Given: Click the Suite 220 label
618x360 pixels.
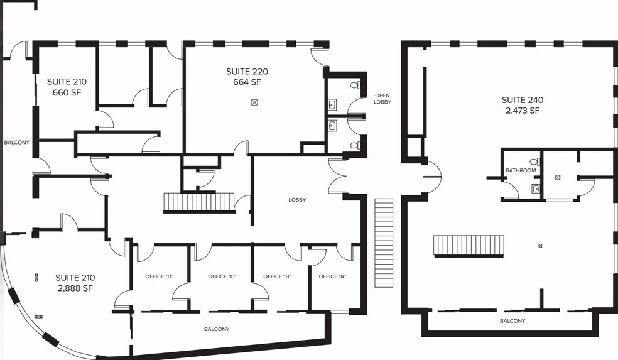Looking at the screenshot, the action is coord(247,72).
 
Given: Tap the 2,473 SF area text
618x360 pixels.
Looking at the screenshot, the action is coord(523,111).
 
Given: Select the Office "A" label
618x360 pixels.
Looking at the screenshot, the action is coord(332,276).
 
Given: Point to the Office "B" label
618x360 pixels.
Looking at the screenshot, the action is coord(277,276).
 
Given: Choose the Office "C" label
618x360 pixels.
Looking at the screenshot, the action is coord(222,276).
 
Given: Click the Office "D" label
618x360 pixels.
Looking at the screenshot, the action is coord(160,276).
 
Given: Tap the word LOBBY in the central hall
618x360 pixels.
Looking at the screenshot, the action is coord(297,200).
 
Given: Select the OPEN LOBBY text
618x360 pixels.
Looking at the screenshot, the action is coord(382,99).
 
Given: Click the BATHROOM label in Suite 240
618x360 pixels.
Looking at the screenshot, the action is coord(521,170).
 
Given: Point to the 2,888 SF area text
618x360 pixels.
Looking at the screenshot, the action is coord(75,288).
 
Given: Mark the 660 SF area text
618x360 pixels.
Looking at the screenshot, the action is coord(67,92).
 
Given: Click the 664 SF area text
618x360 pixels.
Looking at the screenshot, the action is coord(247,82).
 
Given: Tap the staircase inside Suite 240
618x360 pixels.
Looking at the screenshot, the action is coord(469,246).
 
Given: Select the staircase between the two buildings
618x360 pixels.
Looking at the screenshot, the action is coord(384,243).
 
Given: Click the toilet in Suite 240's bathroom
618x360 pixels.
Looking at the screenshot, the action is coord(535,161).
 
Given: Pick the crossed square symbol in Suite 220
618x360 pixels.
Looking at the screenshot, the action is coord(254,102).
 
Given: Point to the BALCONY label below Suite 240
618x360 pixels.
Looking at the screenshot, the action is coord(512,321).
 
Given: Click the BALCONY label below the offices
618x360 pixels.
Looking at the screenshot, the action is coord(217,329).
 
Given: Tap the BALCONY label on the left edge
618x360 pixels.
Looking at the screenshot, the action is coord(16,143).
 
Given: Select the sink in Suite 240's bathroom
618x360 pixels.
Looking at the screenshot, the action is coord(536,189).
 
